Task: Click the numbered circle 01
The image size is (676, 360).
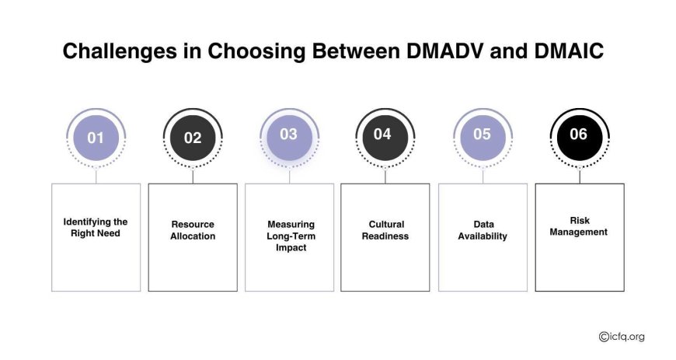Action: pyautogui.click(x=96, y=138)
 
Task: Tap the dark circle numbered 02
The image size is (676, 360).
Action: pyautogui.click(x=193, y=138)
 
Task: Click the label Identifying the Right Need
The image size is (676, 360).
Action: pyautogui.click(x=96, y=228)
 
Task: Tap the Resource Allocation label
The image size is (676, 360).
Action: pyautogui.click(x=193, y=230)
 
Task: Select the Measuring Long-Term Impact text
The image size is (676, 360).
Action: pyautogui.click(x=291, y=236)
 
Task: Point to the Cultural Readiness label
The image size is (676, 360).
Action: pyautogui.click(x=385, y=230)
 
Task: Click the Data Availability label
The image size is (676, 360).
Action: pyautogui.click(x=483, y=230)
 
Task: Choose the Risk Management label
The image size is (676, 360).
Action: pyautogui.click(x=579, y=226)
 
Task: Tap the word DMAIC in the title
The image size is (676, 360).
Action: pyautogui.click(x=569, y=51)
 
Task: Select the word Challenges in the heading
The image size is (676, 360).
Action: pyautogui.click(x=120, y=52)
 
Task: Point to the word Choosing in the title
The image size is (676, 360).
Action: pyautogui.click(x=257, y=52)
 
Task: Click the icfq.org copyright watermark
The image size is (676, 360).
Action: pyautogui.click(x=622, y=336)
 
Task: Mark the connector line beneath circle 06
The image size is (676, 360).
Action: pyautogui.click(x=580, y=176)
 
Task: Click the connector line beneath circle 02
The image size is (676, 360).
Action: pyautogui.click(x=193, y=176)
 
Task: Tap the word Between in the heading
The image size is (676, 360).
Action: pyautogui.click(x=356, y=51)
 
